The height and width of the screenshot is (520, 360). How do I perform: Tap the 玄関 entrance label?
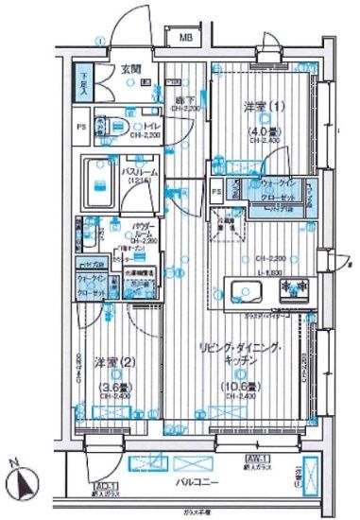129,67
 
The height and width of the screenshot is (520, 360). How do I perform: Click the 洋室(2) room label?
106,362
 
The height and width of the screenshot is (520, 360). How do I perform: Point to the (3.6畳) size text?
112,385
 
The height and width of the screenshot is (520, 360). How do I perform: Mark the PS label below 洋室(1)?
217,192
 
